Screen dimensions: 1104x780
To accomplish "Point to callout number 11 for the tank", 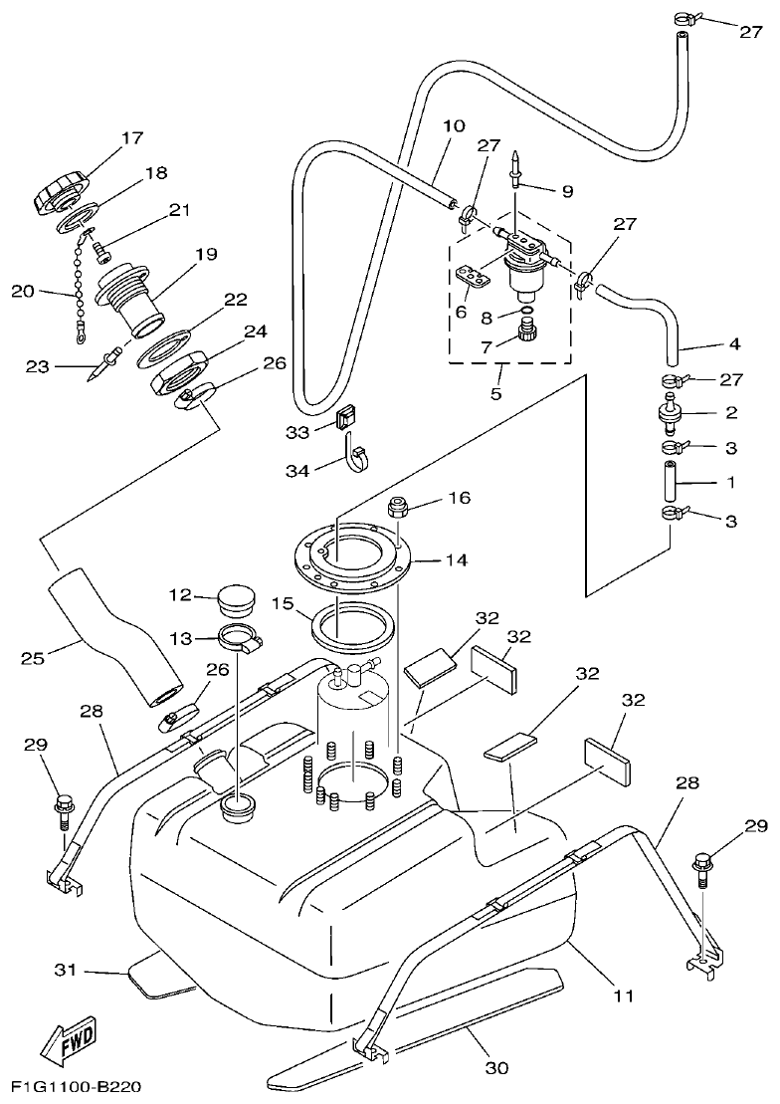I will click(625, 994).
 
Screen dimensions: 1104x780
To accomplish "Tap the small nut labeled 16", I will click(399, 506).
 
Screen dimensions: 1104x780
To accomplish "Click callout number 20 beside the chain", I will click(22, 292).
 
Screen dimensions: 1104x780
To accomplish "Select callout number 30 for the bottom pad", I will click(496, 1069).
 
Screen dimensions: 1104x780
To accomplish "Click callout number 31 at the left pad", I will click(65, 970).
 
